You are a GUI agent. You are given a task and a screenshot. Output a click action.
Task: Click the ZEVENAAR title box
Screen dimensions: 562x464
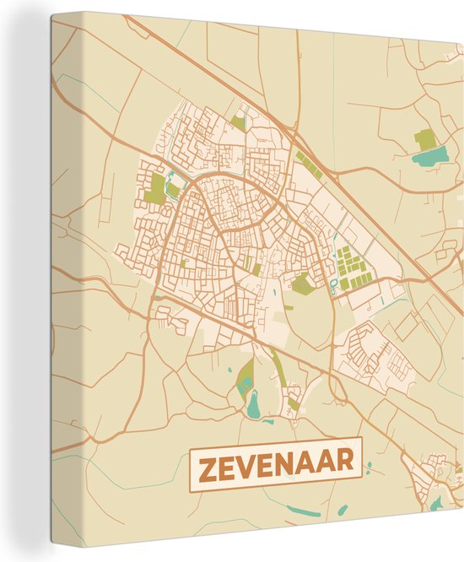pyautogui.click(x=276, y=465)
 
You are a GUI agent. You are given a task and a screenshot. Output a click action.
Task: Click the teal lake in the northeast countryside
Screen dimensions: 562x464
pyautogui.click(x=430, y=155)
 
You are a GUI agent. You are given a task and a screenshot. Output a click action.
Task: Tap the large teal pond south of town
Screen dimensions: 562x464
pyautogui.click(x=253, y=406)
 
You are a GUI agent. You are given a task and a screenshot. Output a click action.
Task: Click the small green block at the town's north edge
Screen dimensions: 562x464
pyautogui.click(x=238, y=123)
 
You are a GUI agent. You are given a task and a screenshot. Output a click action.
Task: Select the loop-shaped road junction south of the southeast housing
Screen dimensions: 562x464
pyautogui.click(x=338, y=390)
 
